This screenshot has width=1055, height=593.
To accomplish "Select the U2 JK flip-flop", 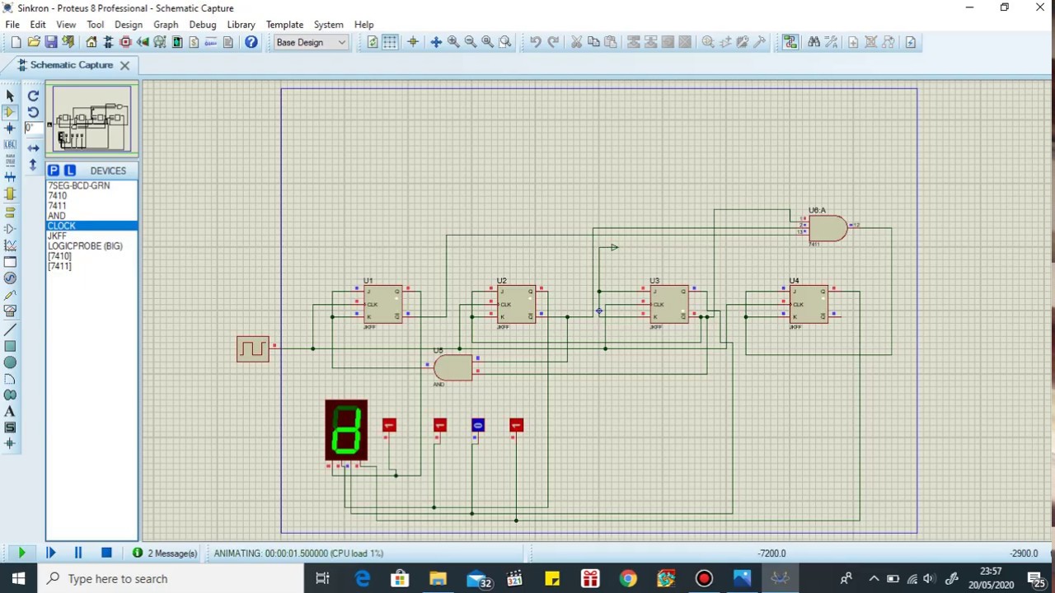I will coord(516,304).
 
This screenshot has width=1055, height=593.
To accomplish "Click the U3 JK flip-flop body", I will coord(668,304).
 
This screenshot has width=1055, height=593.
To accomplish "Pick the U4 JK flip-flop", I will coord(809,304).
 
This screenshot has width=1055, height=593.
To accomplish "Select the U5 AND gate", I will coord(452,367).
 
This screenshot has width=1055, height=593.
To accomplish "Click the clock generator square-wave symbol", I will coord(252,348).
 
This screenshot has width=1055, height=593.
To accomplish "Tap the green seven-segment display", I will coord(346,430).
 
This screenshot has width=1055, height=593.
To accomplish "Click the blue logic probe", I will coord(478,425).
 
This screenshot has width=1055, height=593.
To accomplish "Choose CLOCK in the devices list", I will coord(62,226).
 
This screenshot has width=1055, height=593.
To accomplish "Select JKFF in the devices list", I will coord(57,236).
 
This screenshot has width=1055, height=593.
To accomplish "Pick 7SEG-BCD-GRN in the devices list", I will coord(78,186).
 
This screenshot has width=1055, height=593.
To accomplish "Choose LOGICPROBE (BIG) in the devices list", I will coord(85,246).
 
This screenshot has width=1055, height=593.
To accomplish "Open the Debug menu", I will coord(202,25).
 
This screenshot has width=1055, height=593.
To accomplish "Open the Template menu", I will coord(284,25).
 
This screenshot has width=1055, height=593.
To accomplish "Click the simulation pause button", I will coord(78,553).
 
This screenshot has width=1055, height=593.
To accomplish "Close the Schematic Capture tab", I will coord(124,65).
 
